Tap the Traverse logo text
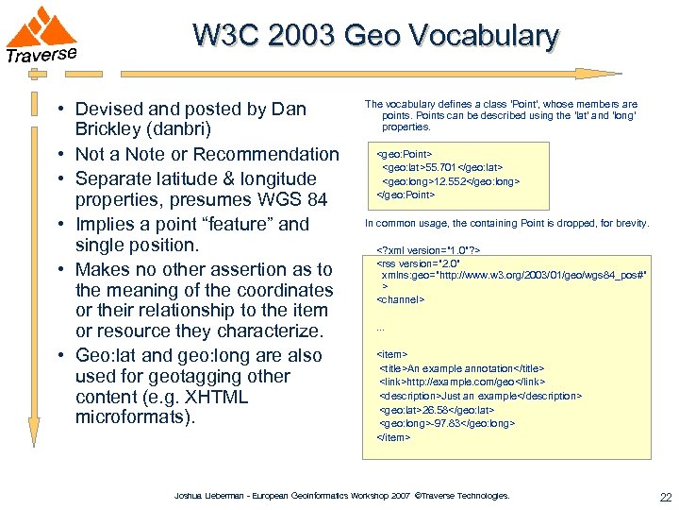41,55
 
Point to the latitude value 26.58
441,410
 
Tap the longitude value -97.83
449,423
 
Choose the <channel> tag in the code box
402,299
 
